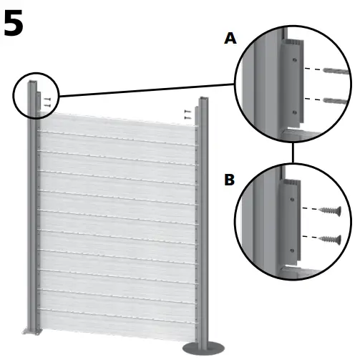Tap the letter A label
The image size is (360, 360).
[230, 39]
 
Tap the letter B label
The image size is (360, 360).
[229, 180]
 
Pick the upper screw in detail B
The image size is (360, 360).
[331, 210]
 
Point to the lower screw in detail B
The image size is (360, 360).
[331, 238]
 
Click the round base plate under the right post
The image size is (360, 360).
[204, 347]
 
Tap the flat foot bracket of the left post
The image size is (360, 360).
[31, 331]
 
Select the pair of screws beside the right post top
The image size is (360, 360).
[187, 112]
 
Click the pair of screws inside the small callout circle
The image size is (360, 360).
[47, 102]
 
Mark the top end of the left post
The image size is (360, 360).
[33, 85]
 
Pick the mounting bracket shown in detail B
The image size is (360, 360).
[294, 222]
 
